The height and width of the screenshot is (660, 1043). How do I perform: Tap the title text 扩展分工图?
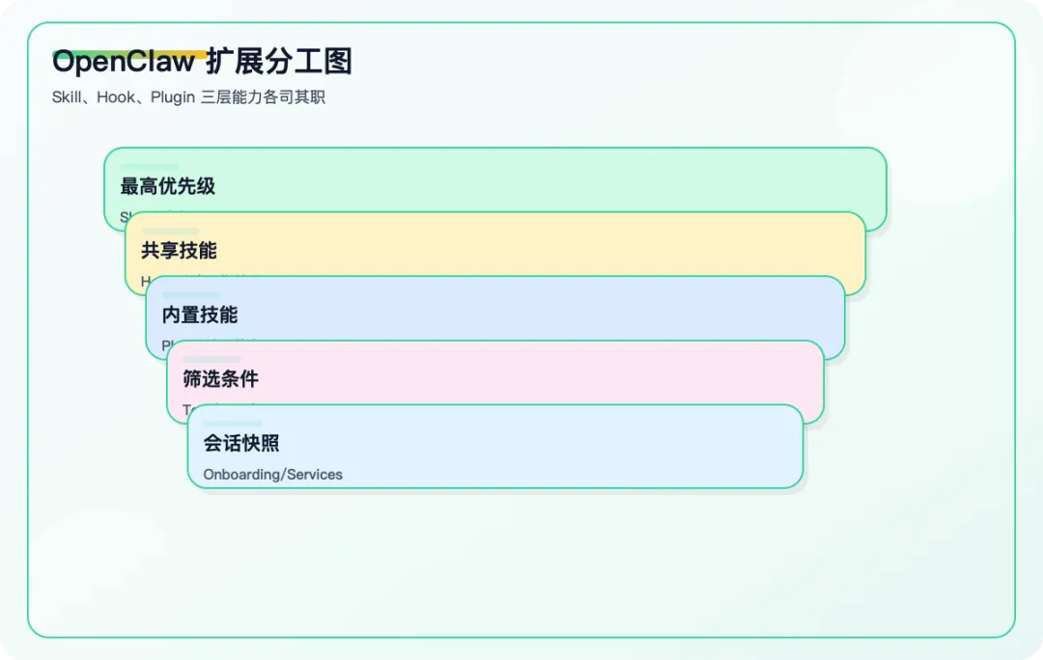coord(279,63)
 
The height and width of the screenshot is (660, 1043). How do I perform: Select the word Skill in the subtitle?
coord(67,97)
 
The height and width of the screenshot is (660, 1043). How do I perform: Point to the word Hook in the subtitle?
coord(116,97)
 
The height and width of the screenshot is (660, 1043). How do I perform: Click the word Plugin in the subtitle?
coord(173,97)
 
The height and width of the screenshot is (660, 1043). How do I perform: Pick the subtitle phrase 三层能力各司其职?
coord(263,97)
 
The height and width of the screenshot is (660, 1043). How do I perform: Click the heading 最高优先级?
coord(168,186)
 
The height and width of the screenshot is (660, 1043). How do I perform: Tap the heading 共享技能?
coord(179,251)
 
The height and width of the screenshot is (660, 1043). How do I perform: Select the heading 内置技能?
coord(200,316)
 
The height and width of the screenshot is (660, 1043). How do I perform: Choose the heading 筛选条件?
coord(221,379)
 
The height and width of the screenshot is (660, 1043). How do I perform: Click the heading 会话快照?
coord(241,444)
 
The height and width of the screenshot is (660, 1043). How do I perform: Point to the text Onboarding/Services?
coord(273,475)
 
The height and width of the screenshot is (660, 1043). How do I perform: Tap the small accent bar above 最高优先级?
coord(150,167)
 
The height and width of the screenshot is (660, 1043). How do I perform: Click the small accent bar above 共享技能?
coord(170,231)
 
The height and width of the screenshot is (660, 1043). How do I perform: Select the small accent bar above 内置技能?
coord(191,295)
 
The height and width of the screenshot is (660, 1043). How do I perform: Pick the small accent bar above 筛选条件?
coord(211,360)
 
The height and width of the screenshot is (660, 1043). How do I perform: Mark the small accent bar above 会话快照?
coord(233,424)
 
